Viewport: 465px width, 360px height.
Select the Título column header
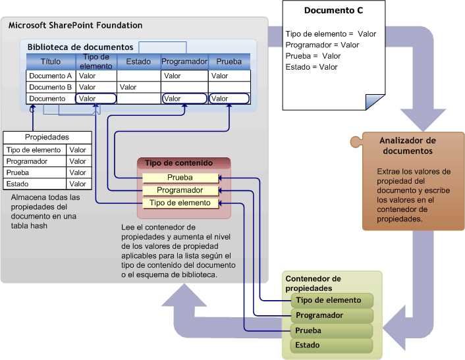[x=51, y=62]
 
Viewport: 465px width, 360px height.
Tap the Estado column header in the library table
[x=138, y=62]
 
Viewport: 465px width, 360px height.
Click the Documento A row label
[x=51, y=76]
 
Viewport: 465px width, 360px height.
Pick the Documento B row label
[x=51, y=87]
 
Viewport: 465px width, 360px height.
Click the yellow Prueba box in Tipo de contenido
[x=180, y=178]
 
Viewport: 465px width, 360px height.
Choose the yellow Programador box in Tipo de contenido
[x=180, y=190]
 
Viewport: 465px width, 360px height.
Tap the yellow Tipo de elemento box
[x=180, y=203]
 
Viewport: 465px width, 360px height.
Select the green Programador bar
[x=331, y=315]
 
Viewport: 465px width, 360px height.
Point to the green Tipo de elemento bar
[x=331, y=300]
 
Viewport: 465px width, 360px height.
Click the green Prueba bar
[x=331, y=330]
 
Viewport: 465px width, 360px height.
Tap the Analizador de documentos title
[x=408, y=145]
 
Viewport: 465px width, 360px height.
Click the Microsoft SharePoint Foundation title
[x=75, y=25]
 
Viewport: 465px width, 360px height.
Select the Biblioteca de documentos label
[x=80, y=47]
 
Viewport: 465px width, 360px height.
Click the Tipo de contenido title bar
[x=183, y=163]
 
